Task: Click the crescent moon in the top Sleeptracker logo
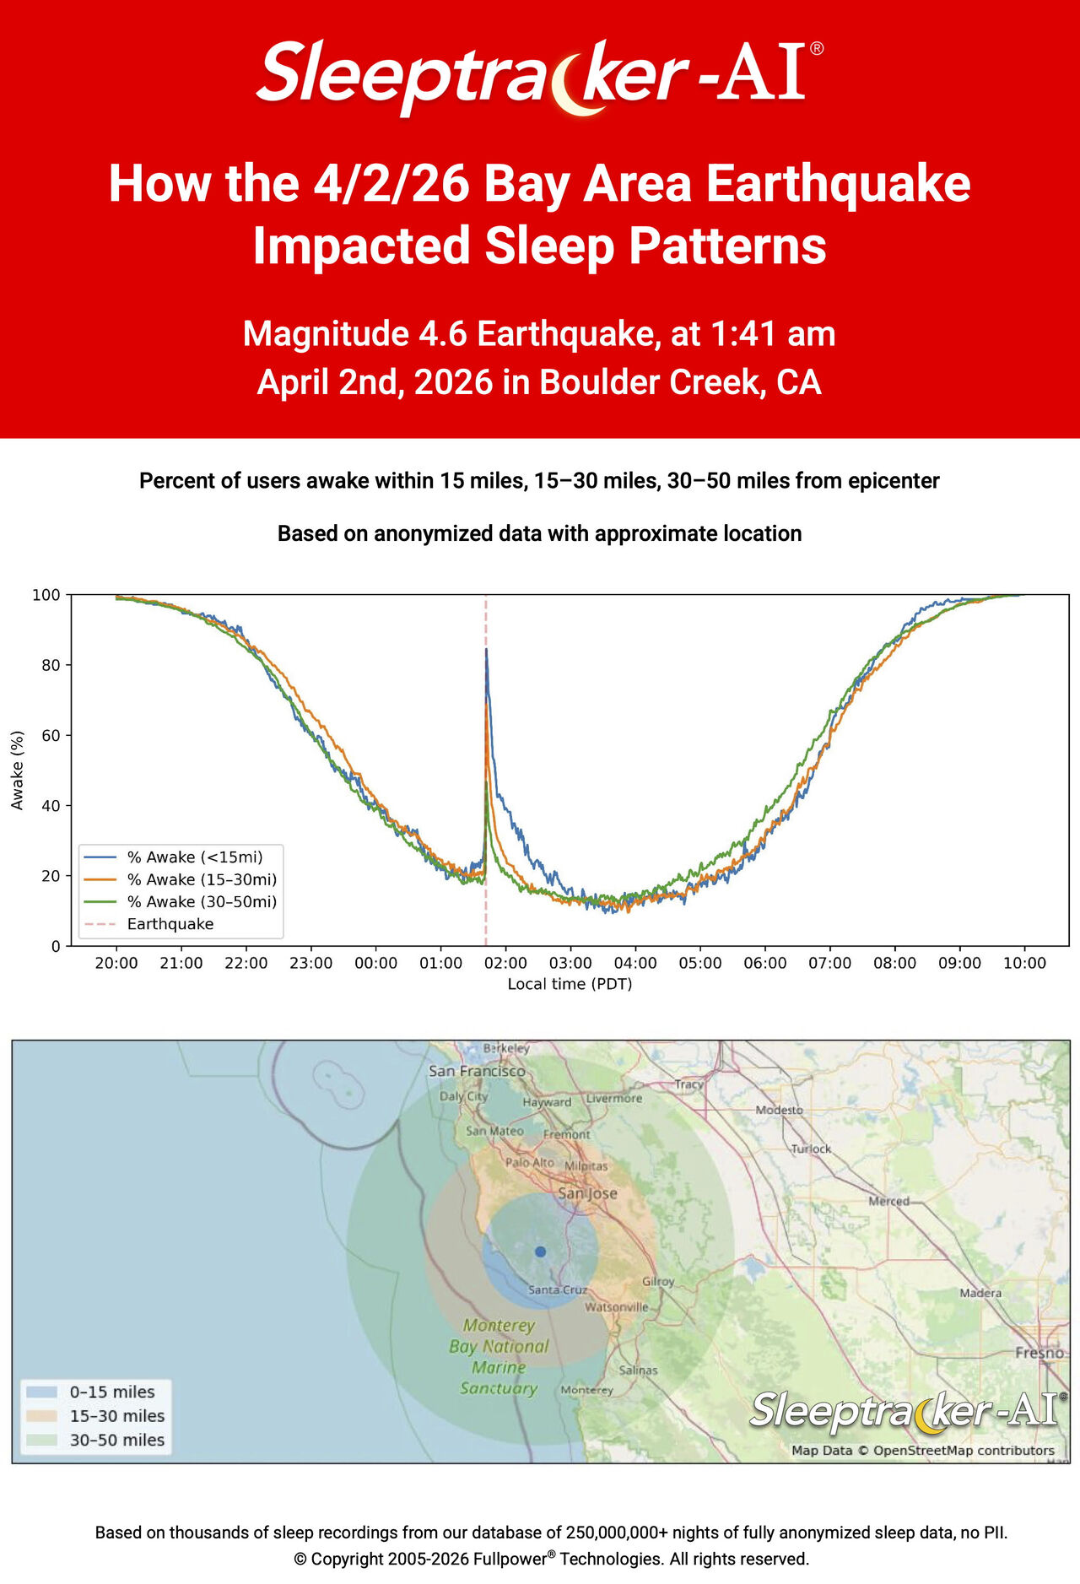(x=574, y=83)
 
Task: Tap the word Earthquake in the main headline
(x=838, y=184)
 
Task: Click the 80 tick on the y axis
(x=51, y=665)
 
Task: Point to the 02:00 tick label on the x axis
(x=505, y=963)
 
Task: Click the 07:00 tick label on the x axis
(x=829, y=963)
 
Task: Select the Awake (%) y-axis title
(x=17, y=770)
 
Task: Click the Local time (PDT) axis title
(x=570, y=984)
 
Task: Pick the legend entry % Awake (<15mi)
(x=195, y=857)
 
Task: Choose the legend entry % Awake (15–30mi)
(x=202, y=879)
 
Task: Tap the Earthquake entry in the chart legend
(x=170, y=924)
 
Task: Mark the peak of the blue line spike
(x=486, y=650)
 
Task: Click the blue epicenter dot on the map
(x=540, y=1252)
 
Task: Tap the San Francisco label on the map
(x=477, y=1071)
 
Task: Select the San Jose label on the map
(x=588, y=1193)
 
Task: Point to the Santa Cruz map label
(x=557, y=1289)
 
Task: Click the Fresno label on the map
(x=1039, y=1353)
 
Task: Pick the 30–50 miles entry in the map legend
(x=116, y=1441)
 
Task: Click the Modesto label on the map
(x=779, y=1110)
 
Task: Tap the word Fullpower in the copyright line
(x=510, y=1559)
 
